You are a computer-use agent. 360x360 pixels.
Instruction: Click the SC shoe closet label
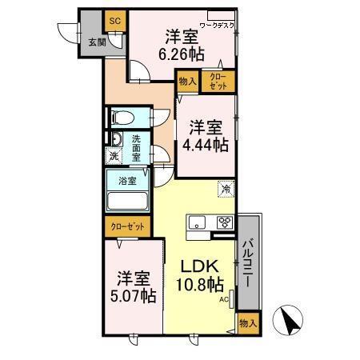click(x=114, y=19)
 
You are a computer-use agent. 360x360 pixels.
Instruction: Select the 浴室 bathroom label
click(x=127, y=181)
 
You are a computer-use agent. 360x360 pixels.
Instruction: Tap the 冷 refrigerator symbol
click(x=226, y=190)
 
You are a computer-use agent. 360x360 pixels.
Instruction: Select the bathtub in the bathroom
click(x=127, y=200)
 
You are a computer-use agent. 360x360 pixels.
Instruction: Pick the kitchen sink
click(x=197, y=222)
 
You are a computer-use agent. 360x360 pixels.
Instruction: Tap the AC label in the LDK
click(x=225, y=299)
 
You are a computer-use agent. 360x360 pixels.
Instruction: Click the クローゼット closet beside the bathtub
click(x=127, y=227)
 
